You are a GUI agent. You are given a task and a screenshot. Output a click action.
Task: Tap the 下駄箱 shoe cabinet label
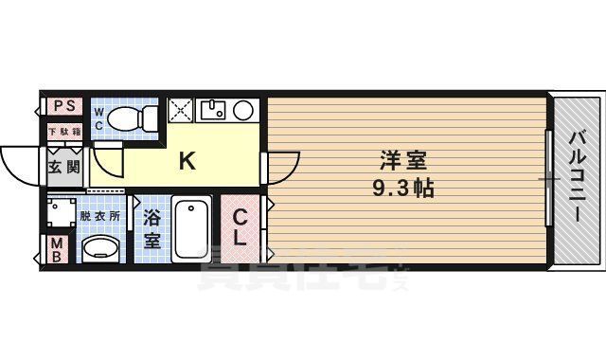pos(64,131)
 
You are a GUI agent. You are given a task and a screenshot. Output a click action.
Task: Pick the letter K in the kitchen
pos(187,161)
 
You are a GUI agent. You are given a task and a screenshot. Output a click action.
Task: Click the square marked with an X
pos(181,110)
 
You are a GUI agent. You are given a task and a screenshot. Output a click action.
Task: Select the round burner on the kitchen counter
pos(242,110)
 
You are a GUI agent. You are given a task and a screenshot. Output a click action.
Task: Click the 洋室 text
pos(402,161)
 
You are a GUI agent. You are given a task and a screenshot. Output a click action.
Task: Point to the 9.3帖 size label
pos(402,188)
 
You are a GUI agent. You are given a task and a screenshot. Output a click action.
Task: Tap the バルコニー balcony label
pos(577,180)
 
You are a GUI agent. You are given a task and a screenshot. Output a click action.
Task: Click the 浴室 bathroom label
pos(152,228)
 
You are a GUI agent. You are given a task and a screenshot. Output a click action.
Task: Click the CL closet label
pos(241,228)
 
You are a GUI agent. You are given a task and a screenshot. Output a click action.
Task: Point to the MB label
pos(56,251)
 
